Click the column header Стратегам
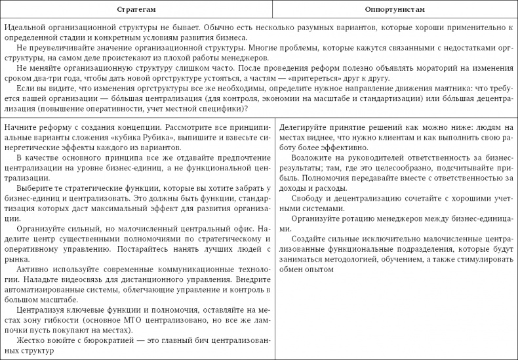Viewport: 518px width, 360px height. pyautogui.click(x=136, y=11)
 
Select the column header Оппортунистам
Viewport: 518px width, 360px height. pyautogui.click(x=395, y=11)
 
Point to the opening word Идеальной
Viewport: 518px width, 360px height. pyautogui.click(x=23, y=29)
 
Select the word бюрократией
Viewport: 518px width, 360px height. pyautogui.click(x=100, y=340)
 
